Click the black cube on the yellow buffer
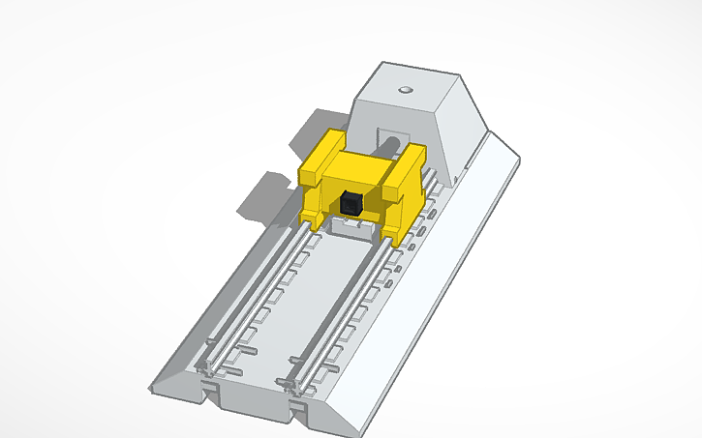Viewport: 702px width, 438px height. tap(351, 203)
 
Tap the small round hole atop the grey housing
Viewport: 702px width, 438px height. tap(405, 90)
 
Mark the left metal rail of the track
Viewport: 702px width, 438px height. tap(254, 300)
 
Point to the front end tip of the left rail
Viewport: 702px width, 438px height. tap(205, 368)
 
